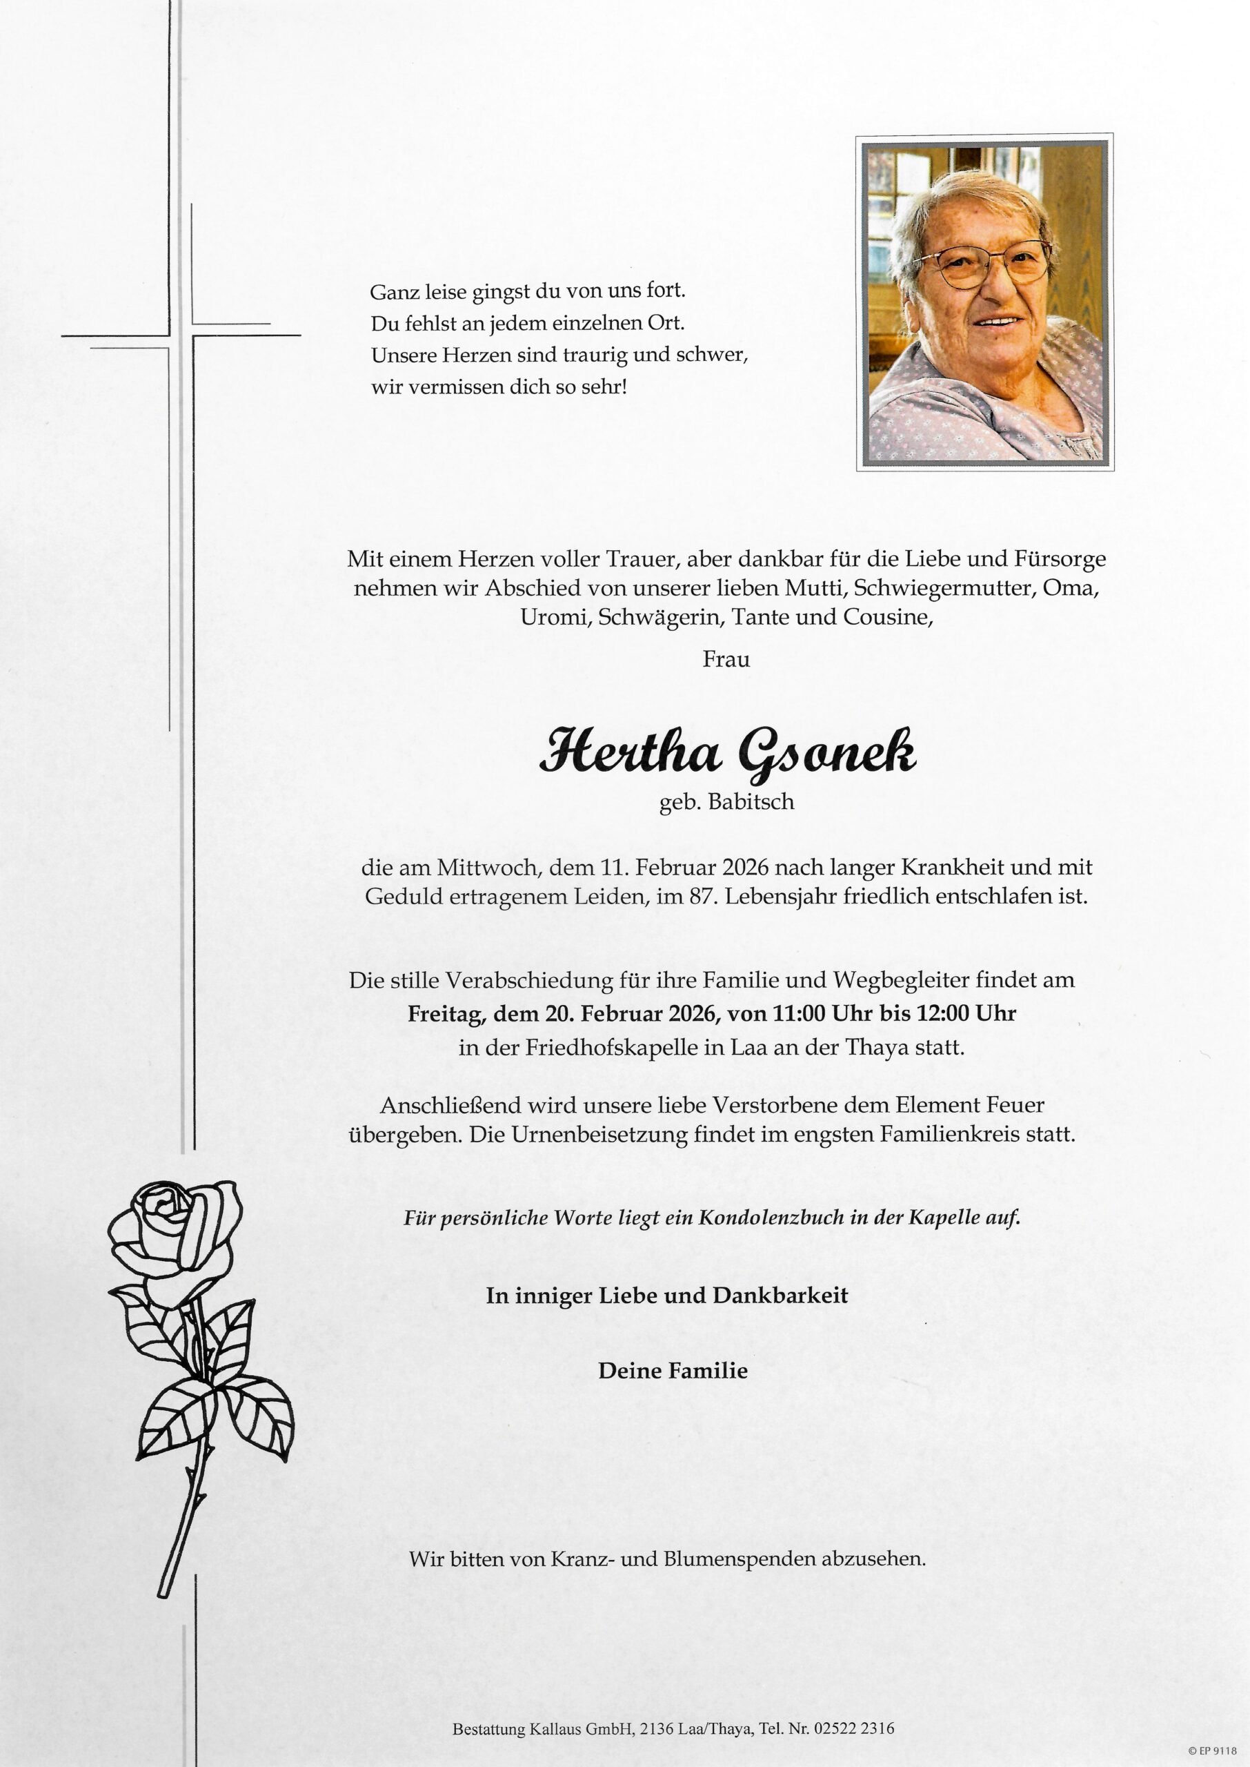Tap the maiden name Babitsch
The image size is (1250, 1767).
pyautogui.click(x=751, y=802)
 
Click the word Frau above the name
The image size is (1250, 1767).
pyautogui.click(x=726, y=659)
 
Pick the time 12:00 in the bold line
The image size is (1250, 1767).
pyautogui.click(x=943, y=1013)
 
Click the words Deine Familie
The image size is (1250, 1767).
pyautogui.click(x=673, y=1371)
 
